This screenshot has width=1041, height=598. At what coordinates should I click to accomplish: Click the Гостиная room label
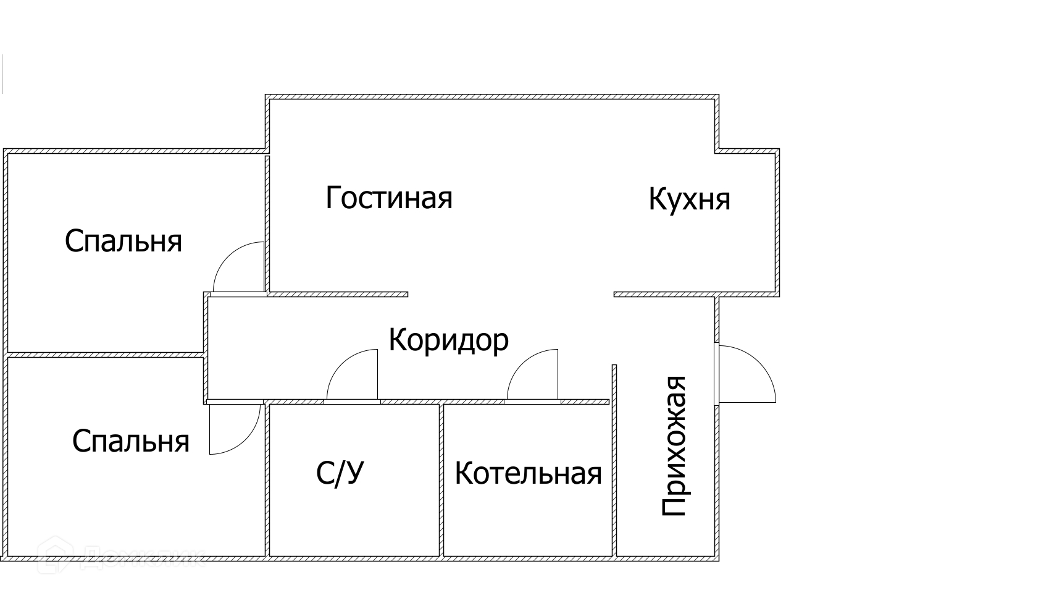389,198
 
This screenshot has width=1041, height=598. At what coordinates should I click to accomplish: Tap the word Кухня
689,200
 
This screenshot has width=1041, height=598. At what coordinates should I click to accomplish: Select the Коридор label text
448,340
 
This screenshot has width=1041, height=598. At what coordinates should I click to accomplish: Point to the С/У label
340,474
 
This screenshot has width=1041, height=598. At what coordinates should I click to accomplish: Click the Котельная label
528,474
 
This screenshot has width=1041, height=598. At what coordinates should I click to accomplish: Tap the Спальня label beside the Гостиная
123,241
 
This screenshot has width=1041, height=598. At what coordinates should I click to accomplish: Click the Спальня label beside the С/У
130,442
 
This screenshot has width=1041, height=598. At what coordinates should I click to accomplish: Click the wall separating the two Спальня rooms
105,355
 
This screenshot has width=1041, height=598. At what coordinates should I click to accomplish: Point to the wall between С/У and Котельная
441,479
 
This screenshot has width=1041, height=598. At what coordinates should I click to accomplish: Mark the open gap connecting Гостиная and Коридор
510,294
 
